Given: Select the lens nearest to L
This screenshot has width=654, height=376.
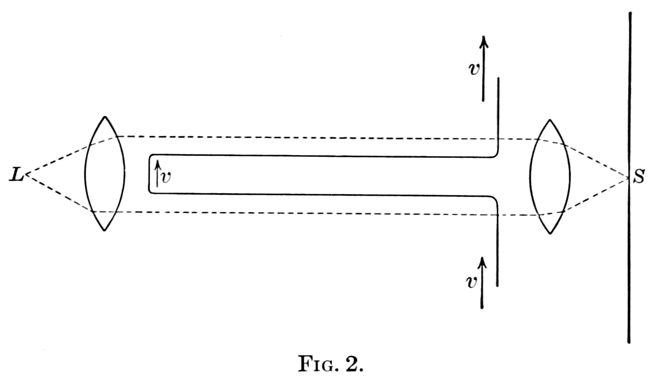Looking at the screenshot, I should click(105, 173).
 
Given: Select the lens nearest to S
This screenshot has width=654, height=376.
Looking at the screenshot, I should click(550, 176).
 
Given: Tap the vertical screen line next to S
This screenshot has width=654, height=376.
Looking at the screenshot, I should click(629, 97).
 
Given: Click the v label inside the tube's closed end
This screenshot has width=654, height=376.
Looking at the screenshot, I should click(166, 178).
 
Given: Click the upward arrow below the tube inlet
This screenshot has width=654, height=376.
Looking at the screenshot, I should click(482, 283).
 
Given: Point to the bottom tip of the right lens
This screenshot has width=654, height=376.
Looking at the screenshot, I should click(550, 233).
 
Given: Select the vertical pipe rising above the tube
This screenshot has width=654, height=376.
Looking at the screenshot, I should click(498, 116).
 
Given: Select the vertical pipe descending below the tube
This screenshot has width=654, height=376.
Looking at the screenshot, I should click(498, 247).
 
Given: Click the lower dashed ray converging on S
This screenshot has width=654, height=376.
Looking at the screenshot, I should click(596, 196).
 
